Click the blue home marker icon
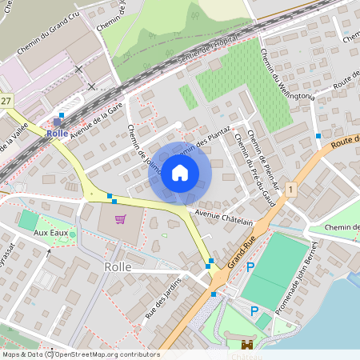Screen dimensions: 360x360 pyautogui.click(x=180, y=173)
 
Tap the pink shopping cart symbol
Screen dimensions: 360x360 pyautogui.click(x=120, y=219)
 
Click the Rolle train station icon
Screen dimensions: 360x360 pyautogui.click(x=57, y=122)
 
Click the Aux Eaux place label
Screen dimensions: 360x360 pyautogui.click(x=50, y=232)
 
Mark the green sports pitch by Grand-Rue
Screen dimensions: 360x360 pyautogui.click(x=276, y=268)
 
